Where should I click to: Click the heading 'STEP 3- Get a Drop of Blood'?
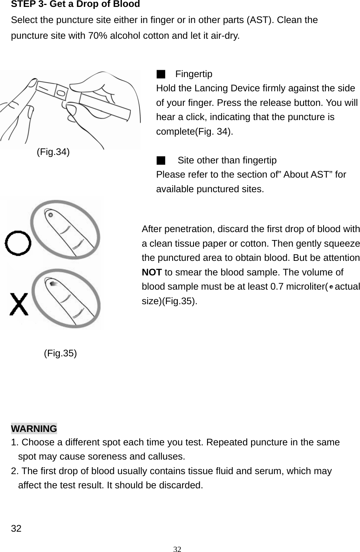click(76, 5)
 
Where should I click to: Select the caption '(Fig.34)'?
click(53, 152)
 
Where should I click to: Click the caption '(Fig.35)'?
click(60, 353)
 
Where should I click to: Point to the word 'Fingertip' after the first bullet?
click(194, 74)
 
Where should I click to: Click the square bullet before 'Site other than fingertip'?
click(161, 160)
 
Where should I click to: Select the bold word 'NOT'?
click(151, 272)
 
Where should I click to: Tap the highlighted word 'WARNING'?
click(34, 428)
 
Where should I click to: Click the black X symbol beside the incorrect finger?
click(19, 304)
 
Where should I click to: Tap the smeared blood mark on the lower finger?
click(53, 283)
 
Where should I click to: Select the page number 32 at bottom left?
click(16, 529)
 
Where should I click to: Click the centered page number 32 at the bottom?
click(177, 549)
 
